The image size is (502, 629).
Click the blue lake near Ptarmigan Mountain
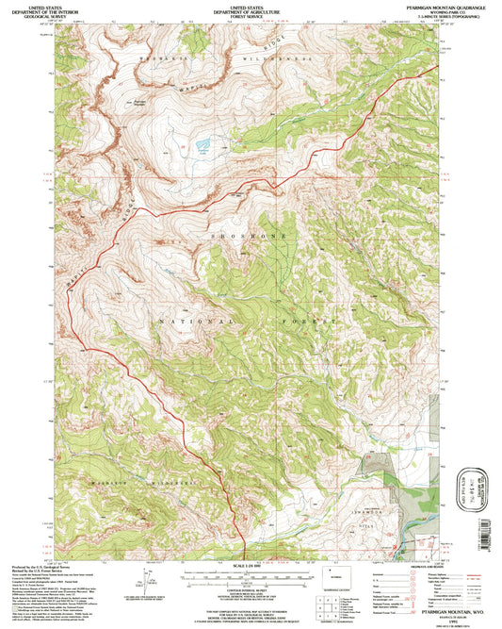(x=202, y=146)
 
